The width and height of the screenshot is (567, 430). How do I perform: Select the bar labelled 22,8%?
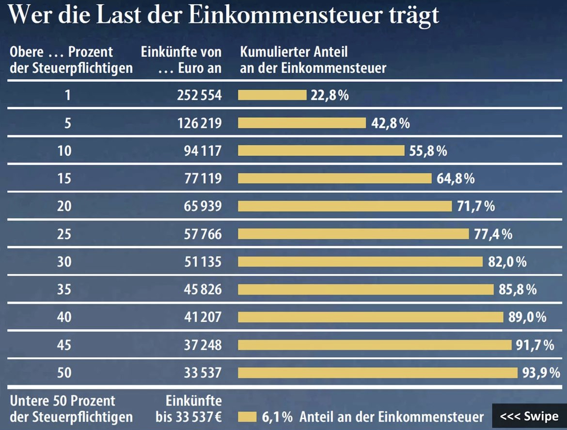272,95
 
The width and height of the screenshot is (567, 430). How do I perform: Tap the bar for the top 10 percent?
321,150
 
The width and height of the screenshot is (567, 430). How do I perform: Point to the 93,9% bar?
378,373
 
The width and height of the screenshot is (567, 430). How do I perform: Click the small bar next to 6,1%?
247,416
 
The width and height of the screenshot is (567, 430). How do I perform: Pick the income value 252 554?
199,95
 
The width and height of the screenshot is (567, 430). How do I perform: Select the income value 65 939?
199,206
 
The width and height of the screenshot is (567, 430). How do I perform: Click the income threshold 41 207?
199,317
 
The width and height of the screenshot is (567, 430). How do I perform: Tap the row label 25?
64,234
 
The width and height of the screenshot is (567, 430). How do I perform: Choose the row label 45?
64,345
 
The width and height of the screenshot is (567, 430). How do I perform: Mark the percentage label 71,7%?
476,206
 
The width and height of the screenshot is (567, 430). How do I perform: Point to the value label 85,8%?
518,290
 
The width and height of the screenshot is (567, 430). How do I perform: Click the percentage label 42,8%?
391,123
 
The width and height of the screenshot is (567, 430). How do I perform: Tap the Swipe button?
529,416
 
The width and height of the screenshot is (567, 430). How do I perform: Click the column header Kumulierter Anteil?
294,52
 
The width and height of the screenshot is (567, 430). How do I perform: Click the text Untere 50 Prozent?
63,401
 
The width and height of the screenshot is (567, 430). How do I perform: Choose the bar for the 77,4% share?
353,234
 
